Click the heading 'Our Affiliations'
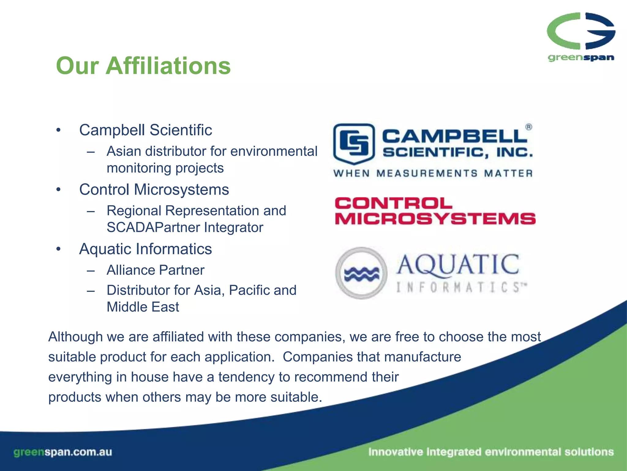(x=143, y=66)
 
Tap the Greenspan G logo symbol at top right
(x=581, y=31)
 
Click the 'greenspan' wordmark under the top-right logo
(x=581, y=58)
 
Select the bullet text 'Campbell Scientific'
(x=145, y=130)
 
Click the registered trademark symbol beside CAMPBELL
(x=529, y=127)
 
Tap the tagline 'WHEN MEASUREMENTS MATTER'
(x=433, y=174)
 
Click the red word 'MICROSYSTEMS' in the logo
(x=435, y=219)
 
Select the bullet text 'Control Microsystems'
(x=154, y=190)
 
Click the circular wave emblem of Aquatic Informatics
(x=361, y=273)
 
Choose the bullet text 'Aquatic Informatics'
(x=145, y=249)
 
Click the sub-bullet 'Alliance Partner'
(x=155, y=270)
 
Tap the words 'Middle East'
(x=143, y=307)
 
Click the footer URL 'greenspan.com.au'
(x=63, y=452)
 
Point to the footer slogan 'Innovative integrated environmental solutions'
(x=491, y=452)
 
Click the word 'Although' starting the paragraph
(x=75, y=337)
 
